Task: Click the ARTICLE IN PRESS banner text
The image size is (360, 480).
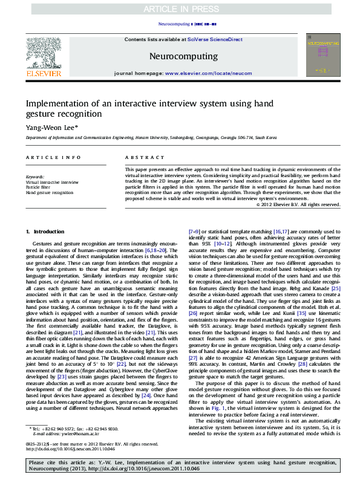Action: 180,9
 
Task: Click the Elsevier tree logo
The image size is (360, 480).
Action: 43,52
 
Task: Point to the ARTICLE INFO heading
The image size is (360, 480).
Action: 46,157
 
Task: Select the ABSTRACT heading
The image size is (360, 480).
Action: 136,157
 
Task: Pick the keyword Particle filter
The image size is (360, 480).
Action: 38,187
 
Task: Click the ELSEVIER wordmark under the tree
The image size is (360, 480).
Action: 43,74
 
